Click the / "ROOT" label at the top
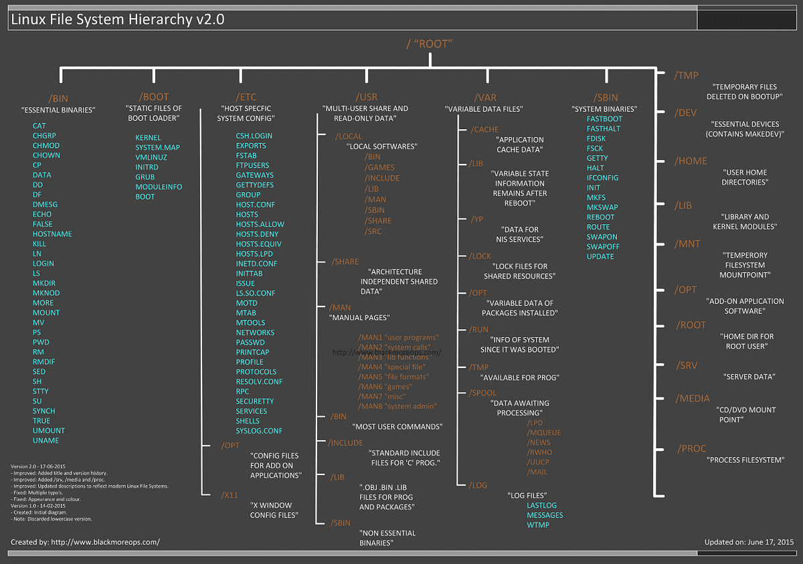click(x=430, y=44)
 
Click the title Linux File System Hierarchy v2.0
click(x=117, y=19)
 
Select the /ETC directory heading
click(x=246, y=97)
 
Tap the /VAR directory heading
click(x=484, y=97)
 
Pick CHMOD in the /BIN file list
click(x=46, y=145)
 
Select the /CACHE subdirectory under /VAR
click(x=484, y=129)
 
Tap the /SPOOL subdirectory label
click(x=483, y=393)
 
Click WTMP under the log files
click(x=538, y=525)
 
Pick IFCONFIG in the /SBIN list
click(x=602, y=177)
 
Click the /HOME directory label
click(x=691, y=161)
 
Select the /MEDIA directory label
click(x=693, y=398)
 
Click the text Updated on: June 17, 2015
click(x=749, y=541)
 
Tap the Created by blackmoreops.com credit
click(x=85, y=541)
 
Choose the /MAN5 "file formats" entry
click(x=394, y=377)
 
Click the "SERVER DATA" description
click(x=748, y=377)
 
